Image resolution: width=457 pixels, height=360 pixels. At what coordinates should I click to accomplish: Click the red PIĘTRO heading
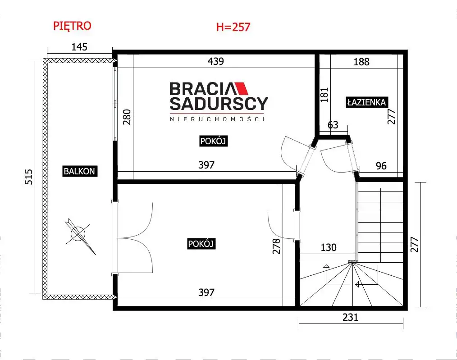[x=72, y=26]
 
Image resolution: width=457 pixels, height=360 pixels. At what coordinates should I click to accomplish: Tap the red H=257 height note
[x=233, y=27]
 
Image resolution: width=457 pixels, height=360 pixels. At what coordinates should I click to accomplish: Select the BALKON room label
[x=79, y=171]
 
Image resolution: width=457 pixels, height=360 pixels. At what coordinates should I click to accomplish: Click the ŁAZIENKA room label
[x=367, y=102]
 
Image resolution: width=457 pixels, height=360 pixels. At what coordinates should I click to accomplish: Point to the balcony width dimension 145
[x=79, y=47]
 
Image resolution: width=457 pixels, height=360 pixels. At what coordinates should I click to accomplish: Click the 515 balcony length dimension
[x=28, y=177]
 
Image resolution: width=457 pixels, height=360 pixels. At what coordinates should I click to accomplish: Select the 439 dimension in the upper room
[x=216, y=61]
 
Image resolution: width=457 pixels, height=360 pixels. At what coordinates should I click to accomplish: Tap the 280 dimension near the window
[x=127, y=117]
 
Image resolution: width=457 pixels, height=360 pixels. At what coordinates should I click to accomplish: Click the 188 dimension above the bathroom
[x=361, y=62]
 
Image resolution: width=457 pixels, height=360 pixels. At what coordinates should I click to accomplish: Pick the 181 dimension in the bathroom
[x=324, y=95]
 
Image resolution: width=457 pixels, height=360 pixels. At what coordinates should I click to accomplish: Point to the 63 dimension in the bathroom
[x=333, y=125]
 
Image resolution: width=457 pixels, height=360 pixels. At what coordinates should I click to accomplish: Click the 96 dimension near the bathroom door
[x=381, y=166]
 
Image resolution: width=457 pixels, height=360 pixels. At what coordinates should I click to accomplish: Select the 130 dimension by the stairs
[x=329, y=247]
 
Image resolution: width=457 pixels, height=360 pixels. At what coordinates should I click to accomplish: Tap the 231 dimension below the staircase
[x=350, y=317]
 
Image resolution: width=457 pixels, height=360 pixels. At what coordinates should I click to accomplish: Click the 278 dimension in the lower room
[x=276, y=246]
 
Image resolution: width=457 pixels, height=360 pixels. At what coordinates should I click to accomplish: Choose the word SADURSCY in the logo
[x=219, y=104]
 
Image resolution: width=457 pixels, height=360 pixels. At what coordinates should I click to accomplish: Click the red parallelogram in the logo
[x=241, y=89]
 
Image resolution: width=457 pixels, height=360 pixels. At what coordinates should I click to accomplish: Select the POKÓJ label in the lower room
[x=201, y=243]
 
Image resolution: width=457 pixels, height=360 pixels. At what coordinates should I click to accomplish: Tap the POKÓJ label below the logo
[x=213, y=141]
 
